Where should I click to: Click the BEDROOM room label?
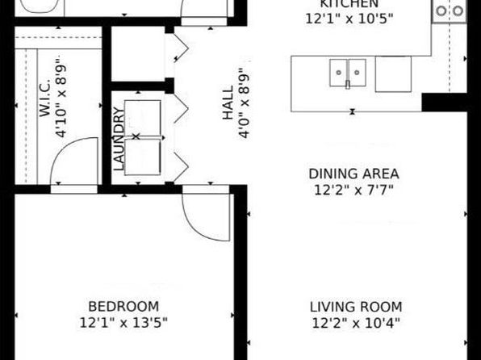pyautogui.click(x=123, y=307)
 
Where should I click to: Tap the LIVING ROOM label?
pyautogui.click(x=356, y=307)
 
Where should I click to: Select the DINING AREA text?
pyautogui.click(x=353, y=174)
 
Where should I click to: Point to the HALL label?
pyautogui.click(x=228, y=103)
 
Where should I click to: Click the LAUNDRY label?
pyautogui.click(x=119, y=139)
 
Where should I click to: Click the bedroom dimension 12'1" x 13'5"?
pyautogui.click(x=123, y=323)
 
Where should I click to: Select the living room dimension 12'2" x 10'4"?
pyautogui.click(x=356, y=323)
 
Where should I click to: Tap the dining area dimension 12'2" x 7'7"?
pyautogui.click(x=353, y=190)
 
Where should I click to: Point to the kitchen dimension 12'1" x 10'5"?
pyautogui.click(x=349, y=19)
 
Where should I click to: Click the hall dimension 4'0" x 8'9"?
pyautogui.click(x=244, y=103)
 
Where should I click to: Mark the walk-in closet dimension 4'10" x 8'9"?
pyautogui.click(x=61, y=97)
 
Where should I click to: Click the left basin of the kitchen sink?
pyautogui.click(x=338, y=73)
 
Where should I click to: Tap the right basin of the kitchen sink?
pyautogui.click(x=357, y=73)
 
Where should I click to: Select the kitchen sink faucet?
pyautogui.click(x=348, y=85)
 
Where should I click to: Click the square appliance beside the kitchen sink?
pyautogui.click(x=393, y=74)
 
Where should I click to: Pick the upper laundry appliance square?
pyautogui.click(x=142, y=118)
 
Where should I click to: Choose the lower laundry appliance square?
pyautogui.click(x=142, y=157)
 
